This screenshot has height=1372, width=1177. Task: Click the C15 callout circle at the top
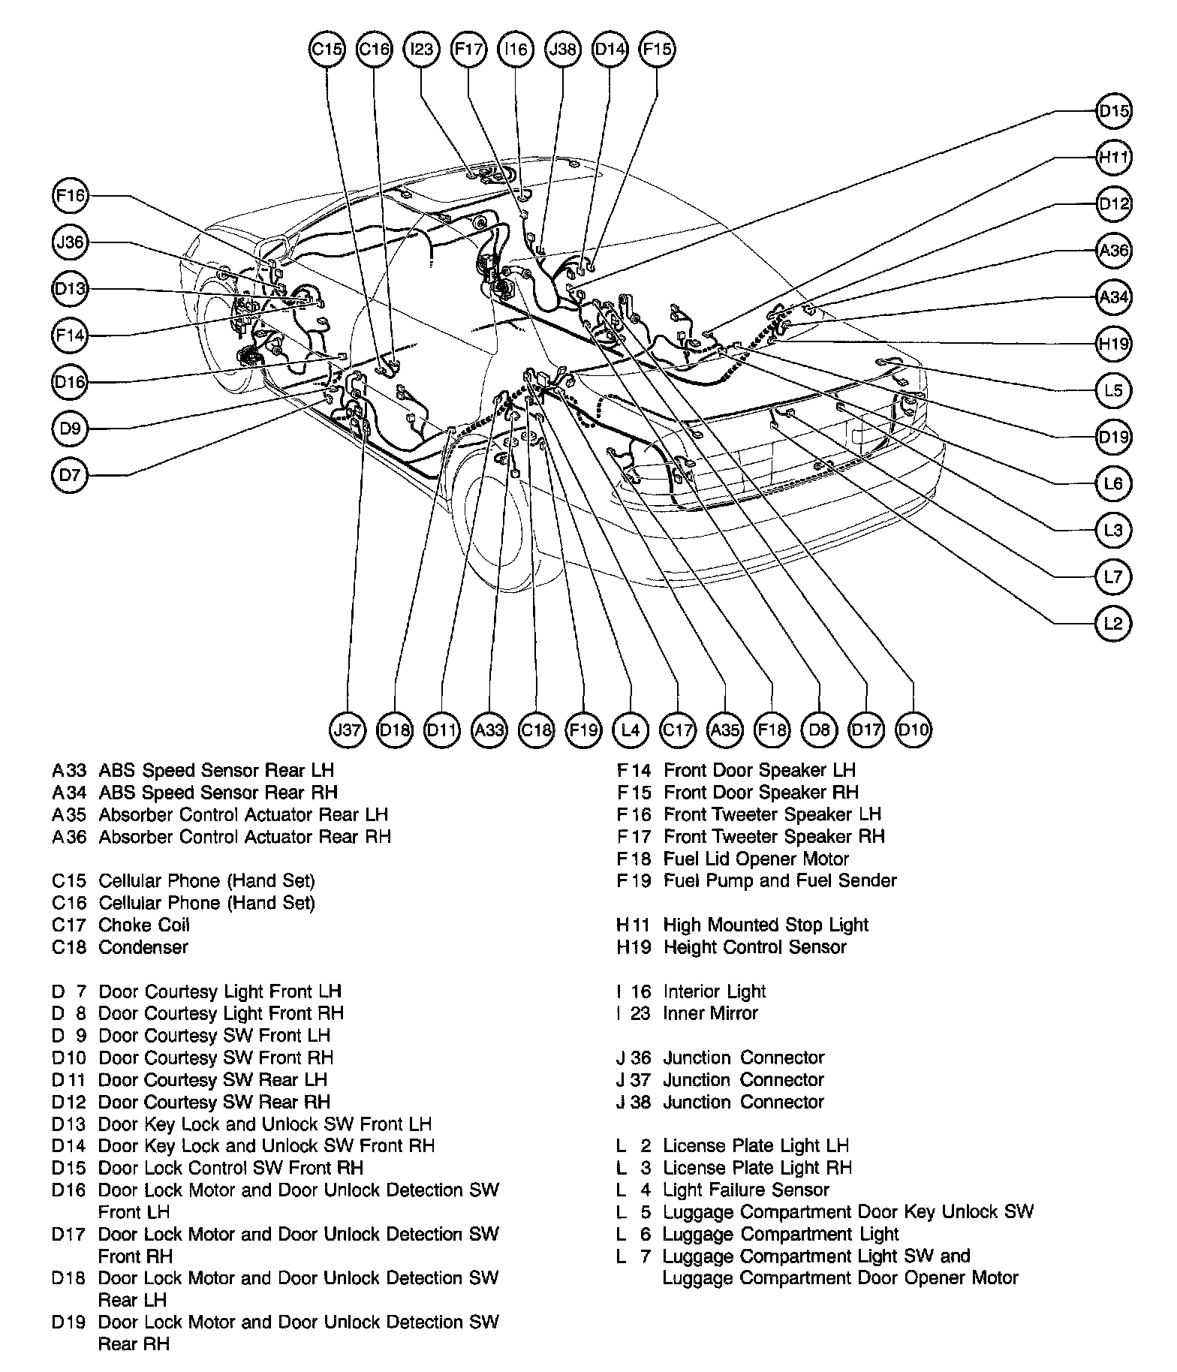click(327, 50)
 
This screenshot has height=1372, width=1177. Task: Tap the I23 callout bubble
click(422, 50)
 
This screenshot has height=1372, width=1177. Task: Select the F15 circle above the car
click(657, 50)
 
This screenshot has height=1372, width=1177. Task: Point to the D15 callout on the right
click(1113, 111)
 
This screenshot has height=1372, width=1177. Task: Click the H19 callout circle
click(1113, 344)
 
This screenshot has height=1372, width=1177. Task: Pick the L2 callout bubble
click(1113, 623)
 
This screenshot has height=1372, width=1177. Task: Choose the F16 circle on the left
click(71, 196)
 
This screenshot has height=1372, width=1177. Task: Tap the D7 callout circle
click(71, 475)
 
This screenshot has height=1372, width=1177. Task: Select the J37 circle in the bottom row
click(348, 729)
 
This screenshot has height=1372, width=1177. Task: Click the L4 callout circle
click(631, 729)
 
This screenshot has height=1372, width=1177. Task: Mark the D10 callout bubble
click(914, 729)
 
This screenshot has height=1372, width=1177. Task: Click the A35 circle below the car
click(725, 729)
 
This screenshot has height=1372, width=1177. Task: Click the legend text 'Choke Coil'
click(144, 925)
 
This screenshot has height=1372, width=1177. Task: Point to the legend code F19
click(634, 880)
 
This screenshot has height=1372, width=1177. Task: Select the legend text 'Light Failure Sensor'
click(745, 1190)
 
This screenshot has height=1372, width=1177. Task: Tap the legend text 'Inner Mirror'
click(710, 1013)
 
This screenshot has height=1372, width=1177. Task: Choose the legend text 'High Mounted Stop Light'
click(766, 925)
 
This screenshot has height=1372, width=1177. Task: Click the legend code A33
click(69, 770)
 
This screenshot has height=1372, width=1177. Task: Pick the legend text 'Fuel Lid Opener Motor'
click(756, 859)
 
